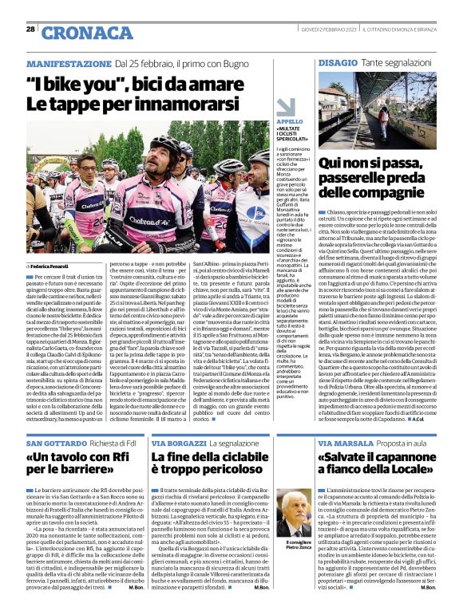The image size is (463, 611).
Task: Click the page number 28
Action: (30, 28)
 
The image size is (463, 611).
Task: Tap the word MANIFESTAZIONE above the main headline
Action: (69, 63)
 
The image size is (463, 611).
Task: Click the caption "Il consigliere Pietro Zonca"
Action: (296, 545)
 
